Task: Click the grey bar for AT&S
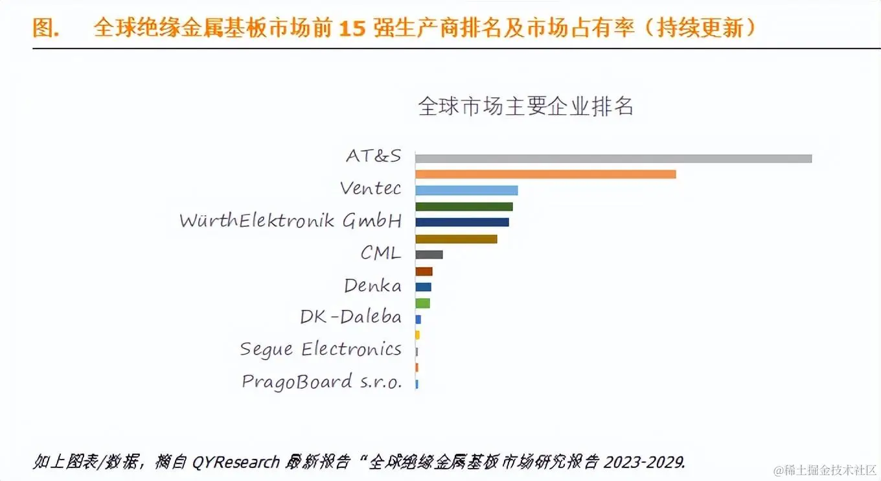(613, 158)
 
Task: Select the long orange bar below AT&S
(545, 174)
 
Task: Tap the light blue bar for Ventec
(466, 191)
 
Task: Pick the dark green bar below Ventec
(464, 207)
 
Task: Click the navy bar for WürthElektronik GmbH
(462, 222)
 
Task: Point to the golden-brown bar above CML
(456, 239)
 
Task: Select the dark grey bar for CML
(429, 255)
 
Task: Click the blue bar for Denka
(423, 287)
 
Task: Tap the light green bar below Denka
(422, 303)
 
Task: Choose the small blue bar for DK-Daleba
(418, 320)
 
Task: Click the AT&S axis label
(374, 156)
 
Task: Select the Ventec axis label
(371, 189)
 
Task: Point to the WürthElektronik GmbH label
(290, 220)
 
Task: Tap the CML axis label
(381, 253)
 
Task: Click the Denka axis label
(372, 285)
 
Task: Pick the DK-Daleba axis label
(350, 317)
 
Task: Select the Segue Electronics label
(321, 349)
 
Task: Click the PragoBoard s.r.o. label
(321, 381)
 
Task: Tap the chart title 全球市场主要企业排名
(525, 106)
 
